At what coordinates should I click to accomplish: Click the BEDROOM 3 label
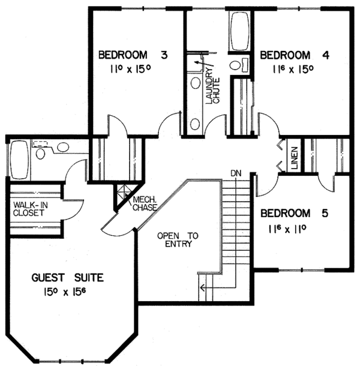[132, 55]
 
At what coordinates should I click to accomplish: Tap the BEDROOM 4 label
[294, 55]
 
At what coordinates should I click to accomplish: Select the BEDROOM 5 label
[294, 214]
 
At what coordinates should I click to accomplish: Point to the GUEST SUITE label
[68, 277]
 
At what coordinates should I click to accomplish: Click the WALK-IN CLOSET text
[31, 210]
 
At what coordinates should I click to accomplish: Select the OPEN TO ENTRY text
[178, 239]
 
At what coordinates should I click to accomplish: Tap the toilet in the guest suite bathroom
[42, 154]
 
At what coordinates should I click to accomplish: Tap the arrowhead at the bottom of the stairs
[203, 287]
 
